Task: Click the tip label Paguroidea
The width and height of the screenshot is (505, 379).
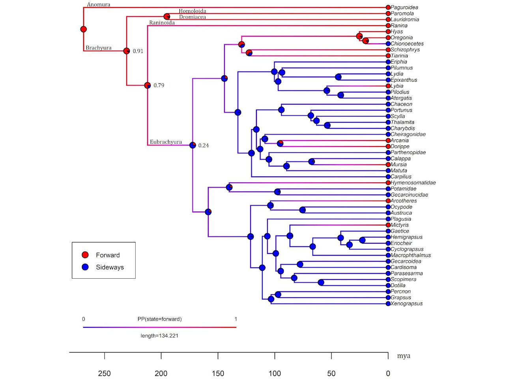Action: point(404,8)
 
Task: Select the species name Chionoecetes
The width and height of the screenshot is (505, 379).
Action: point(407,44)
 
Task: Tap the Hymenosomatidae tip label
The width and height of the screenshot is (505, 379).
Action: point(413,183)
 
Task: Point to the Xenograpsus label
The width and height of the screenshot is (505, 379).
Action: point(406,304)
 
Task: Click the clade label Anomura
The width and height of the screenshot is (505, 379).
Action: point(99,5)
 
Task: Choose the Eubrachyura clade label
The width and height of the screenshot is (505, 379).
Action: point(166,142)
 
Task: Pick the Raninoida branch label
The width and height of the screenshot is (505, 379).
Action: point(162,23)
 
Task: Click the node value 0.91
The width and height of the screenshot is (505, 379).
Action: point(138,51)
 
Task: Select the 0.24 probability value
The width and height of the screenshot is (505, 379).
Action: point(204,146)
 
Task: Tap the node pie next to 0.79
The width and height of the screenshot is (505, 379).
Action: point(148,85)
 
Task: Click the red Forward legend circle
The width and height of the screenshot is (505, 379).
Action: point(85,255)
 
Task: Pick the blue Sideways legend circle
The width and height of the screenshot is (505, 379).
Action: point(85,267)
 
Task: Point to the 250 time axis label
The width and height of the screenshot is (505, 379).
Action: point(105,373)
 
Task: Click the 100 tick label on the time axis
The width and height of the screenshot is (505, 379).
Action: point(275,373)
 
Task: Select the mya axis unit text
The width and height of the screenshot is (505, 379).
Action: point(404,356)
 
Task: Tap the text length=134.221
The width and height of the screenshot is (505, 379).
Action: point(159,336)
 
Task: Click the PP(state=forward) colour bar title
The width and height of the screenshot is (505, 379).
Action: point(159,319)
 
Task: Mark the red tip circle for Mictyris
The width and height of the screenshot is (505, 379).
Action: point(388,225)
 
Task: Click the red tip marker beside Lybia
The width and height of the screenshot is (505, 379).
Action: point(388,86)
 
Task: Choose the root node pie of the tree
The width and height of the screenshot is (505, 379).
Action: point(83,29)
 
